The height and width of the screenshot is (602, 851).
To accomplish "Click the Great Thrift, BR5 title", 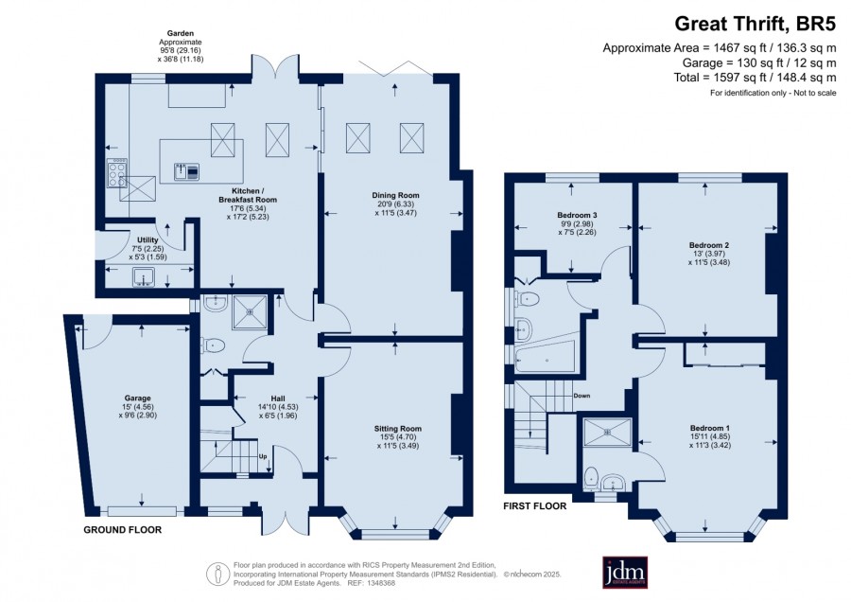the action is click(755, 24).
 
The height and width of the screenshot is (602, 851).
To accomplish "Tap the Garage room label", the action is click(137, 398).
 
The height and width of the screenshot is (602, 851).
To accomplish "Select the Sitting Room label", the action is click(398, 429).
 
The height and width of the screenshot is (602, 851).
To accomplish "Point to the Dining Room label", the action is click(395, 196).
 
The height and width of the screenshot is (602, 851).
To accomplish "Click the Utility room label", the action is click(148, 240).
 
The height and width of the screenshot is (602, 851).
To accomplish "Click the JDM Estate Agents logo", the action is click(625, 572).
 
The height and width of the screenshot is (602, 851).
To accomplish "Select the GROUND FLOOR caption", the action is click(123, 530).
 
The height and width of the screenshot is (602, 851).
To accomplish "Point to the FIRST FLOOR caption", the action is click(534, 506).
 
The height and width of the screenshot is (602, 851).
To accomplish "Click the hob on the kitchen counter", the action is click(116, 173).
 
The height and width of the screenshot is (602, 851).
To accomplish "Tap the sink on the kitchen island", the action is click(186, 171).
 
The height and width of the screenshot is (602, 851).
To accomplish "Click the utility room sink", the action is click(144, 277).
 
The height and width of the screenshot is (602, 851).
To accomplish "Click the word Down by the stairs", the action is click(582, 396).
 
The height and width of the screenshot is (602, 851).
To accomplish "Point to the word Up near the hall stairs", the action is click(263, 456).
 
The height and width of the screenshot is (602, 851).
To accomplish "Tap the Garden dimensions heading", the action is click(181, 34).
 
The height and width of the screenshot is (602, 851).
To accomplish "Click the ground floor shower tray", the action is click(250, 311).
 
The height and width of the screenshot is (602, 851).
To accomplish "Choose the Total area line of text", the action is click(755, 78).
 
